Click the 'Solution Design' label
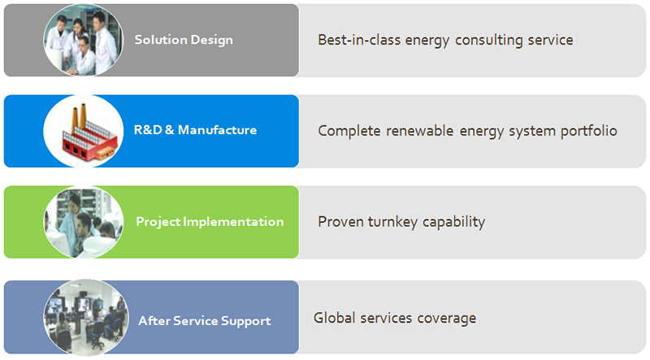pos(184,41)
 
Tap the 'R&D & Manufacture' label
pos(195,130)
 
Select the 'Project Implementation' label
pos(210,222)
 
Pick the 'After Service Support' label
pos(205,321)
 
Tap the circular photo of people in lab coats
pos(84,41)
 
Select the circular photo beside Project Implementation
pos(84,222)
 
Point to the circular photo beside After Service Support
pos(86,317)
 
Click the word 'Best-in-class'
pos(359,40)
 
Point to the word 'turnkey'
pos(392,222)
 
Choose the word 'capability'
pos(453,222)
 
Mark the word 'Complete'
pos(349,131)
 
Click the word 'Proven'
pos(340,222)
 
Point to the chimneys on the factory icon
pos(79,117)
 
